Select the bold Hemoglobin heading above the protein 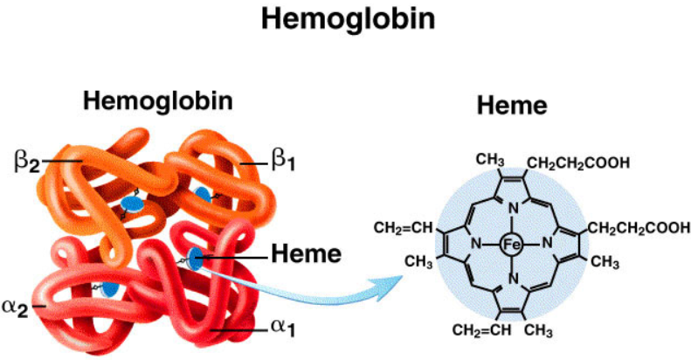pos(158,101)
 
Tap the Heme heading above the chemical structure pos(512,107)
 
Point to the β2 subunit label pos(25,160)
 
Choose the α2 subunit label pos(20,306)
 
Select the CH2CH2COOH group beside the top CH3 pos(578,163)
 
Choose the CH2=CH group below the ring pos(478,329)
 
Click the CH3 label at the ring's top pos(490,160)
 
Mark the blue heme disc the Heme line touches pos(196,258)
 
